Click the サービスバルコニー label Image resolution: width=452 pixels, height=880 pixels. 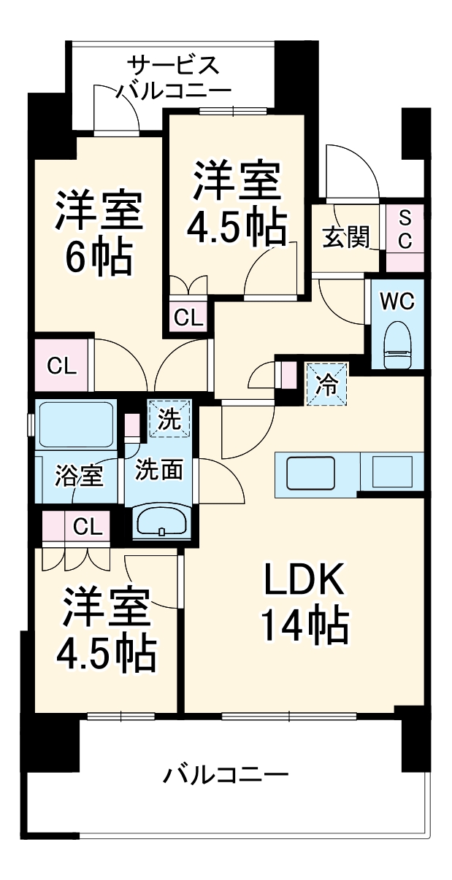173,77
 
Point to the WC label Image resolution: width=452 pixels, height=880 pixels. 397,300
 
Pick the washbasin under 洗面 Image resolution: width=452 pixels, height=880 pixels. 161,522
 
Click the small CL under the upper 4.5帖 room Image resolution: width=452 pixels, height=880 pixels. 189,317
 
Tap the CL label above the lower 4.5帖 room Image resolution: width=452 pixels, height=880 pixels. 88,525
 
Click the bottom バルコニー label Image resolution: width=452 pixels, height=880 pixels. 225,773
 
